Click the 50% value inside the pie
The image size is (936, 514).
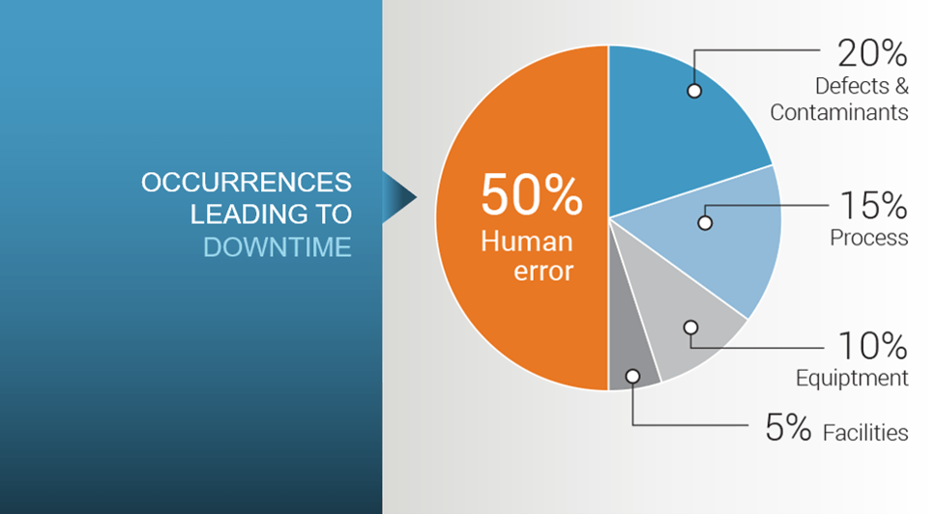pyautogui.click(x=531, y=194)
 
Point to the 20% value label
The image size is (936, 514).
pyautogui.click(x=872, y=53)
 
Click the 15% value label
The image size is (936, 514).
pyautogui.click(x=874, y=206)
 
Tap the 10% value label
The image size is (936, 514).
pyautogui.click(x=873, y=346)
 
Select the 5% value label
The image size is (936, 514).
pyautogui.click(x=788, y=428)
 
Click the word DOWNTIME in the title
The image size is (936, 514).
pyautogui.click(x=277, y=247)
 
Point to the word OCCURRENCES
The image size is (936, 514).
pyautogui.click(x=246, y=183)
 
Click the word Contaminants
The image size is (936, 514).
pyautogui.click(x=838, y=112)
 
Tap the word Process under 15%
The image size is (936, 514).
pyautogui.click(x=869, y=238)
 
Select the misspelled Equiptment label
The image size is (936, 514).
pyautogui.click(x=852, y=378)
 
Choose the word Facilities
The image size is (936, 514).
pyautogui.click(x=865, y=432)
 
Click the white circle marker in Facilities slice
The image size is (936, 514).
pyautogui.click(x=632, y=376)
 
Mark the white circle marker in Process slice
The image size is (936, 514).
pyautogui.click(x=705, y=223)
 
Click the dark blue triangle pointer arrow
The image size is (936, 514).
pyautogui.click(x=398, y=197)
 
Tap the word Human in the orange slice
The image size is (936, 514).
pyautogui.click(x=526, y=242)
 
